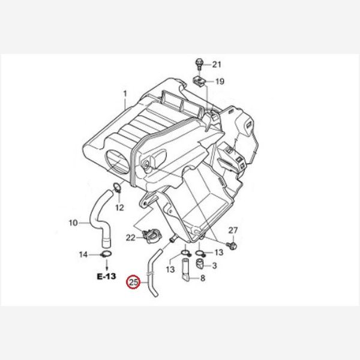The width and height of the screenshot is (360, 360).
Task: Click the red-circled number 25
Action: [x=134, y=282]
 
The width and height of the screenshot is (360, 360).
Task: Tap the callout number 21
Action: [x=217, y=65]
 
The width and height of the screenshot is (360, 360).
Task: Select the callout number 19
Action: [x=220, y=81]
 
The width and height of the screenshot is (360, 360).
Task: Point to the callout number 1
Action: [x=125, y=94]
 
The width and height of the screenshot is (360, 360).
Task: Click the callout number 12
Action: [x=119, y=208]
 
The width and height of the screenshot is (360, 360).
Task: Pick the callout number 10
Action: [x=73, y=223]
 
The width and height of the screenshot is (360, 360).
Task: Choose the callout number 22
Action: [x=130, y=238]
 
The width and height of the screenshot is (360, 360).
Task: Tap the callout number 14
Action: [x=83, y=254]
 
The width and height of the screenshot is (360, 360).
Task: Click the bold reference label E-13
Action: [x=106, y=276]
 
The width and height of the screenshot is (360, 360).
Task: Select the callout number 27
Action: [x=233, y=230]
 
